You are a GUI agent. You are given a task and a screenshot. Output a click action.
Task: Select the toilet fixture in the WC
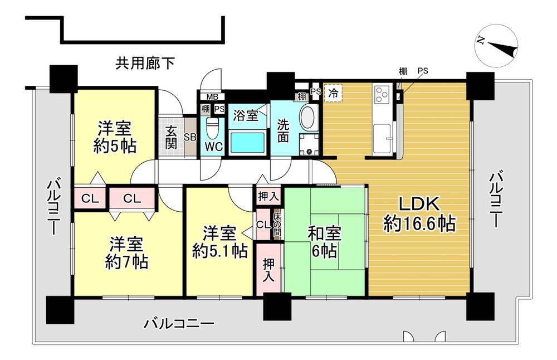[211, 128]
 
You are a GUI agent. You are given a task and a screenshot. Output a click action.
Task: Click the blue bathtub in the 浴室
[247, 142]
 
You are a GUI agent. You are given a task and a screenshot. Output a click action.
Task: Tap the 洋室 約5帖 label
[115, 138]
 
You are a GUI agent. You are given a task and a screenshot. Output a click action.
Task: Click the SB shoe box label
[189, 137]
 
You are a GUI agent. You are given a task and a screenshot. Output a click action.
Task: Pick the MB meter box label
[205, 96]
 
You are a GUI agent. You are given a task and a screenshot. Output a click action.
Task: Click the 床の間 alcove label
[277, 222]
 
